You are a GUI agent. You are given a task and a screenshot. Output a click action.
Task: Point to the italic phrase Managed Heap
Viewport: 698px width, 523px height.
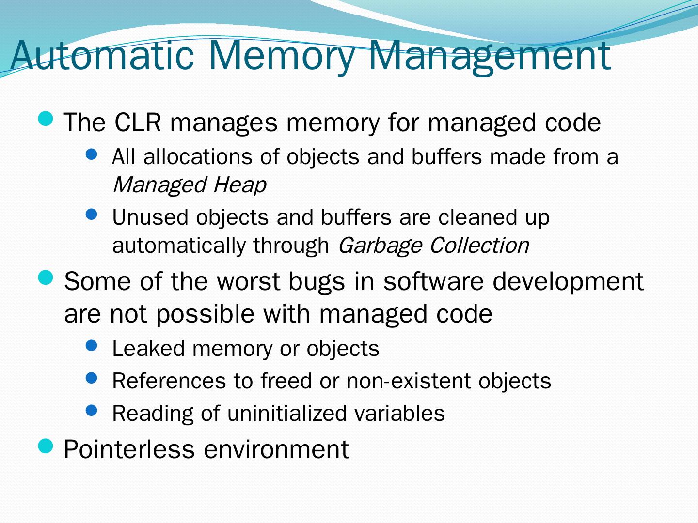pyautogui.click(x=189, y=185)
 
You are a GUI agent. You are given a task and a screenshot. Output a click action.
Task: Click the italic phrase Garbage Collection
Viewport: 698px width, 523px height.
pyautogui.click(x=433, y=245)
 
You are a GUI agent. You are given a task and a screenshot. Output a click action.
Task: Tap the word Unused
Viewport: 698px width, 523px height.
pyautogui.click(x=150, y=217)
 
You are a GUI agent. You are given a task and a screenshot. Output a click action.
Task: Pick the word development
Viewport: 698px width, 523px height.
pyautogui.click(x=568, y=281)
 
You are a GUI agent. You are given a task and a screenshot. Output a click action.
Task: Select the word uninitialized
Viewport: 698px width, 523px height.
pyautogui.click(x=286, y=414)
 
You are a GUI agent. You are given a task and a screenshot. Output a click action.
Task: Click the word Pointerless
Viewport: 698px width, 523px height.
pyautogui.click(x=129, y=449)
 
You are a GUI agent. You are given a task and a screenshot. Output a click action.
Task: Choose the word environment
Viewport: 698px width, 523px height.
pyautogui.click(x=276, y=449)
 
